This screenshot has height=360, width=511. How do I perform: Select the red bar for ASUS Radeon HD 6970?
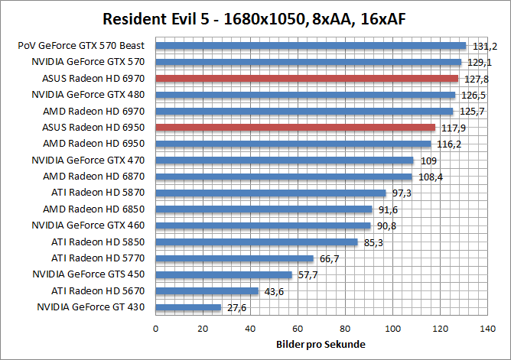click(x=307, y=78)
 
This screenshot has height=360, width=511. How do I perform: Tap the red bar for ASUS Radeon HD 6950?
click(x=295, y=128)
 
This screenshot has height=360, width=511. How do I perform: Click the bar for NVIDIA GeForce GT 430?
click(x=188, y=307)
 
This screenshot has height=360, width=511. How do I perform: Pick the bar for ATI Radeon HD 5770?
click(x=235, y=258)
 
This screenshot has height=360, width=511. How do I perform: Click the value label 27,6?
click(x=235, y=307)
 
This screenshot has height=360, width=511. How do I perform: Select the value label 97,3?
click(x=400, y=193)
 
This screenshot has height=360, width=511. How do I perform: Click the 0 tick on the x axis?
click(x=156, y=329)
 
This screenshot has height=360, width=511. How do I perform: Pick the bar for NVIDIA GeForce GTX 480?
click(x=305, y=95)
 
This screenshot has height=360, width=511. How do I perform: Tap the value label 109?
click(x=428, y=161)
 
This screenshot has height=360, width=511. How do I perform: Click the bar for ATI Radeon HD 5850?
click(x=257, y=242)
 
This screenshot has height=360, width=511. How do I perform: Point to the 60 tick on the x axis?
click(x=298, y=329)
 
